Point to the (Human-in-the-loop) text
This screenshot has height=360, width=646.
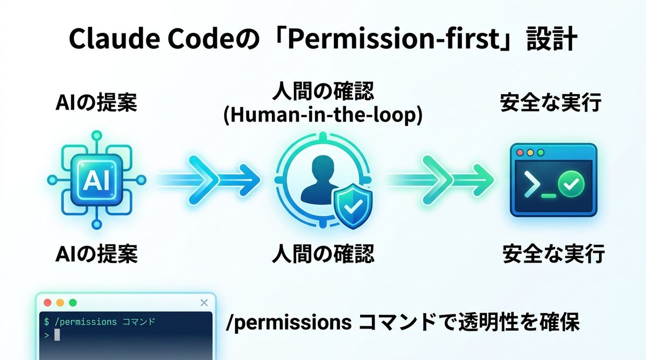tap(322, 116)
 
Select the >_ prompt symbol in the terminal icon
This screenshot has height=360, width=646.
tap(534, 186)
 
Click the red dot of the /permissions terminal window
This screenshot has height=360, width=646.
tap(47, 302)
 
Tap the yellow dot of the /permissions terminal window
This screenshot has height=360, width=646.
tap(60, 302)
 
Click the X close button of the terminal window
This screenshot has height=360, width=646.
tap(203, 302)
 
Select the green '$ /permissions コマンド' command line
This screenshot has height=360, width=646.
tap(100, 322)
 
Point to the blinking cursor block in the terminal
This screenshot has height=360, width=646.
tap(57, 335)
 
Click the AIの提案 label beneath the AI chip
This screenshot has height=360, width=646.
tap(96, 253)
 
